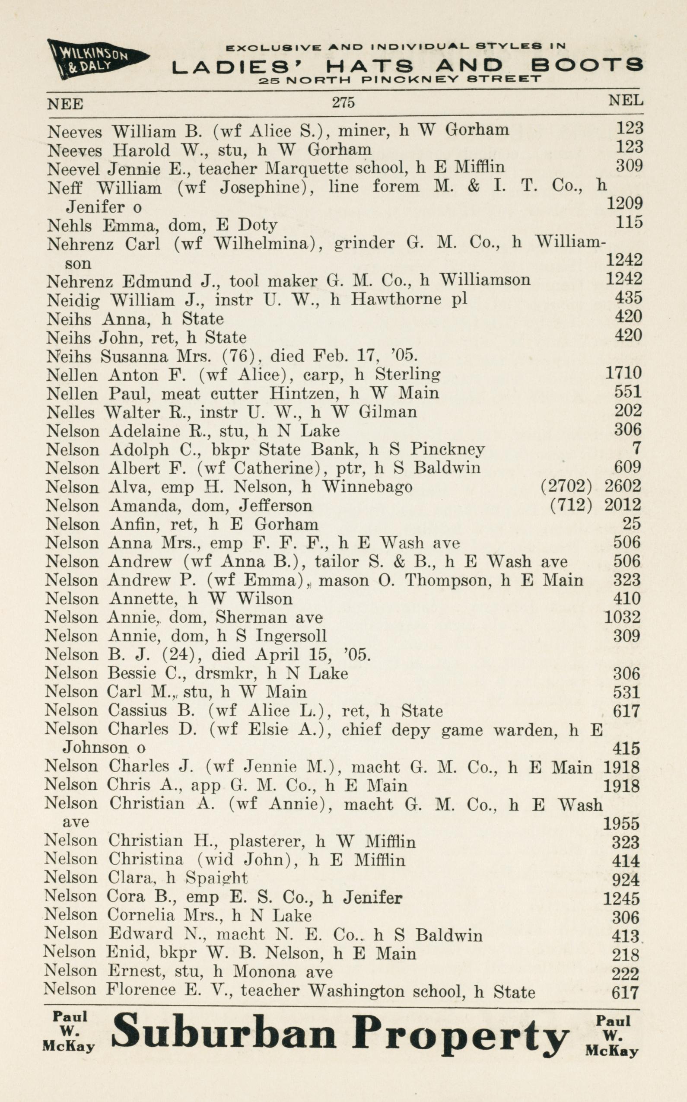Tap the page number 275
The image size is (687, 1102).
(343, 103)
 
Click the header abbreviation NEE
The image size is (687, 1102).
(65, 104)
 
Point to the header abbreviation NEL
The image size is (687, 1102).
(626, 100)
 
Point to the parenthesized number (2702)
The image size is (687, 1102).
(566, 486)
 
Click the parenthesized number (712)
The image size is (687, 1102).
(571, 505)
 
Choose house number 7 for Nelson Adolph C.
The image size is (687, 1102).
(636, 449)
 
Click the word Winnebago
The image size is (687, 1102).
(367, 487)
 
